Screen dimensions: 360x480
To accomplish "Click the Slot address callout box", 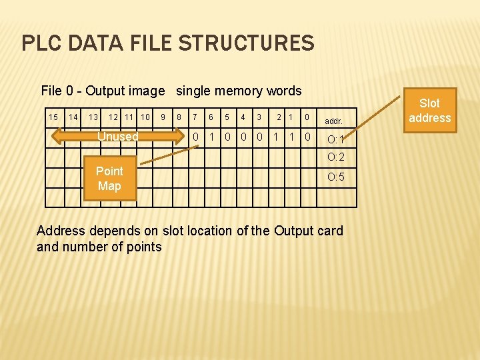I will coord(429,111).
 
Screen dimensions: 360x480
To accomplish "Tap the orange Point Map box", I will coord(109,179).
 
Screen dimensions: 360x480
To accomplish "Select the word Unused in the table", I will coord(118,137).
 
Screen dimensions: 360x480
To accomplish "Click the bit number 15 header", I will coord(53,117).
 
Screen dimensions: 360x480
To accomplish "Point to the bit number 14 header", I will coord(74,117).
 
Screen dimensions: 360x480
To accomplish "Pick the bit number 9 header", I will coord(163,117).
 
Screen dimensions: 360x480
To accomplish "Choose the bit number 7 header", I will coord(195,117).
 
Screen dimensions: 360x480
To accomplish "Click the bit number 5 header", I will coord(227,117).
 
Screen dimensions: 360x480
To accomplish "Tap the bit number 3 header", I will coord(259,117).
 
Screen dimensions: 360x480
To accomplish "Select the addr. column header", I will coord(333,122).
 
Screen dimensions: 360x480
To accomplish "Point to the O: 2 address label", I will coord(335,157).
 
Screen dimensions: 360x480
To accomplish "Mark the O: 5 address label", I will coord(335,177).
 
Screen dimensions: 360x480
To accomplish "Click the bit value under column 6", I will coord(211,137).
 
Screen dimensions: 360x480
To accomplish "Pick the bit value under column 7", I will coord(195,137).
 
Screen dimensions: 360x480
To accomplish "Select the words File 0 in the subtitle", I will coord(59,91).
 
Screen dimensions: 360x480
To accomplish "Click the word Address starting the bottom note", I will coord(61,231).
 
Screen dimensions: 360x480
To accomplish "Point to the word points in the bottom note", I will coord(144,247).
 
